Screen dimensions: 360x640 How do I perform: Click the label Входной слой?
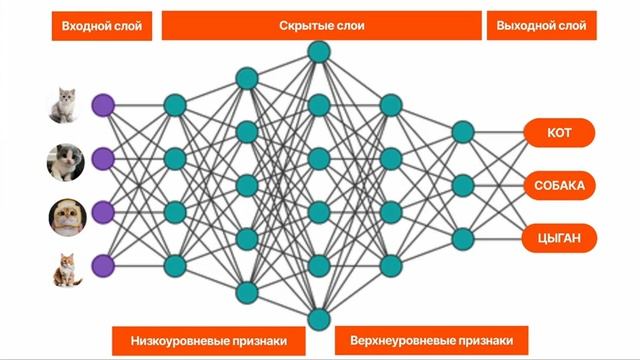[102, 26]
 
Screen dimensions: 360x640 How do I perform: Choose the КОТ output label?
[559, 133]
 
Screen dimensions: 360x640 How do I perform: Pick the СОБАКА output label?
[559, 186]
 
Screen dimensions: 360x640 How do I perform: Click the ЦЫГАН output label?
[559, 238]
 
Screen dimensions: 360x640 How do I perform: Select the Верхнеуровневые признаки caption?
[424, 340]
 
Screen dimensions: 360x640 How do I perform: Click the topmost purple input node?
[103, 105]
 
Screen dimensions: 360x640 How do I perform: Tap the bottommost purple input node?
[103, 265]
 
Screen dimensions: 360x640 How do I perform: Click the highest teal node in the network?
[319, 51]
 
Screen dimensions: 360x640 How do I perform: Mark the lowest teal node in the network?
[319, 319]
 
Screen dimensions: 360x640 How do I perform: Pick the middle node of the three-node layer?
[462, 185]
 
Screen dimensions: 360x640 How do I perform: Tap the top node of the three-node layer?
[462, 132]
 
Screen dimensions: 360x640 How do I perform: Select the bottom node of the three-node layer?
[462, 238]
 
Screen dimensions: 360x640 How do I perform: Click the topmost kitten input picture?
[65, 104]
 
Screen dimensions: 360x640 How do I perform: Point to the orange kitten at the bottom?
[67, 268]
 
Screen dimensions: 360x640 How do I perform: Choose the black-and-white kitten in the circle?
[65, 161]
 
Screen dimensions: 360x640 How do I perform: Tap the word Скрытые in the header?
[303, 25]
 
